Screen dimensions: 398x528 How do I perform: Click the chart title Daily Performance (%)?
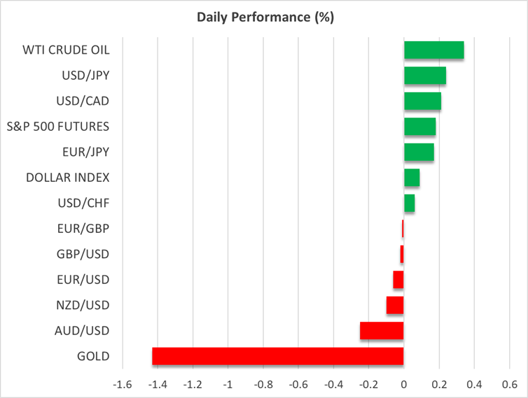coord(264,17)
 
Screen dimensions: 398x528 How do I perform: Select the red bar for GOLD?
coord(278,356)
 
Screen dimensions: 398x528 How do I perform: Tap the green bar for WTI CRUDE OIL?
coord(433,50)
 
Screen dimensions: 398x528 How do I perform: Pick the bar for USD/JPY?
coord(425,75)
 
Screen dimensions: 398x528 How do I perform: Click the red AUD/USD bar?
coord(382,330)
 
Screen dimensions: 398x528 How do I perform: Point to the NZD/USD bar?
coord(395,305)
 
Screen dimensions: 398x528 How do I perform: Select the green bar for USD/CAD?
coord(422,101)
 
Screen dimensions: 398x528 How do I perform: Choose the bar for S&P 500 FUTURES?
coord(420,126)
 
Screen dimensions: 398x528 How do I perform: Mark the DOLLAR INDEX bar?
coord(412,178)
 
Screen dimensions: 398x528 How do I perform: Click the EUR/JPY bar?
coord(419,152)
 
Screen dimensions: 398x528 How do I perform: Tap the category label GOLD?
coord(94,356)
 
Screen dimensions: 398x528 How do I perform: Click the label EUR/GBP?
coord(83,228)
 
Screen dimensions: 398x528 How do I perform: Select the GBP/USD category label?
coord(83,254)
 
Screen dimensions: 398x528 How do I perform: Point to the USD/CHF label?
coord(84,203)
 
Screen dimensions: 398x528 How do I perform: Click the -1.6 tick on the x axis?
coord(123,385)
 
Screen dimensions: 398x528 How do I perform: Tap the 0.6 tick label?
coord(509,385)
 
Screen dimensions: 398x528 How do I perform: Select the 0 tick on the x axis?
coord(404,385)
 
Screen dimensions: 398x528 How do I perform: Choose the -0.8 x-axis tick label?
coord(263,385)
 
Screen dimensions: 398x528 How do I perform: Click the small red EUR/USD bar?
coord(398,279)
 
